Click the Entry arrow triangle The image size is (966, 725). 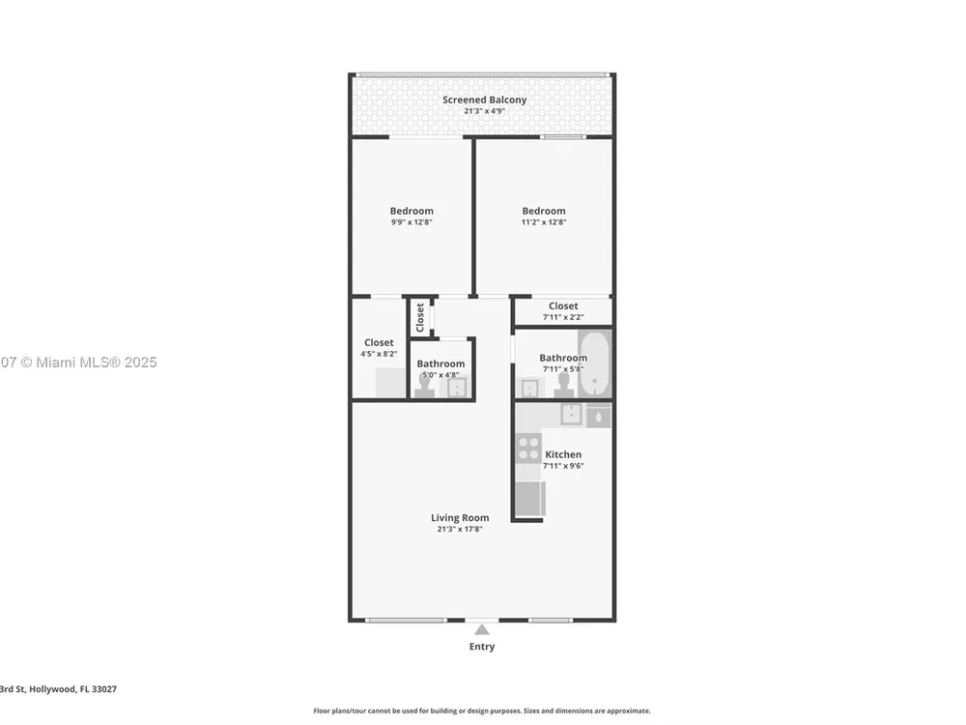[482, 630]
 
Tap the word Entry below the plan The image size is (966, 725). [482, 646]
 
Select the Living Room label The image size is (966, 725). [460, 518]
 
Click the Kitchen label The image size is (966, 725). [563, 454]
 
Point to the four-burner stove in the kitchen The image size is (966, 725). [528, 449]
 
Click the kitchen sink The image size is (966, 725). [572, 414]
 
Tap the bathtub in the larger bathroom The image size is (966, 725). [594, 363]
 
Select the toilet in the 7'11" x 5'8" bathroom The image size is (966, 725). [563, 385]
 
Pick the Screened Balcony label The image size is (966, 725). [484, 100]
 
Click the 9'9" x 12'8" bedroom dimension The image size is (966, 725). [412, 222]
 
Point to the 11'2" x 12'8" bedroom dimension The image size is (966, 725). [543, 222]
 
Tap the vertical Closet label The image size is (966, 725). [420, 317]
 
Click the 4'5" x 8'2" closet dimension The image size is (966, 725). [379, 354]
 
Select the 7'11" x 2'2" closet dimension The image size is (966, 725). [563, 317]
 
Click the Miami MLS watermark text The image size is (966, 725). [78, 362]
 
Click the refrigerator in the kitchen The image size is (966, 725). [529, 498]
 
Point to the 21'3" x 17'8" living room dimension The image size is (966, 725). [460, 529]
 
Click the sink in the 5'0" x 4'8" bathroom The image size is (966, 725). [457, 388]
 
